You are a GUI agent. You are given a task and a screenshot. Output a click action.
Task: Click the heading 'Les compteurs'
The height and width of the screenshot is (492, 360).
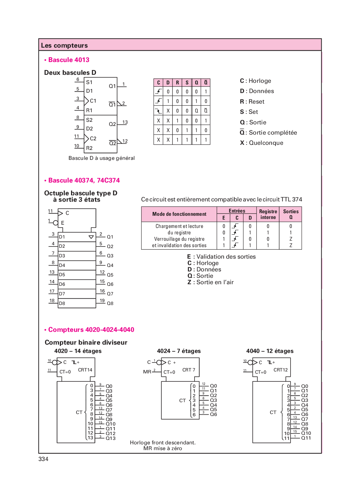tap(64, 45)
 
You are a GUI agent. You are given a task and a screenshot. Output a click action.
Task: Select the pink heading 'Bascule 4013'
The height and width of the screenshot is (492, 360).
tap(68, 60)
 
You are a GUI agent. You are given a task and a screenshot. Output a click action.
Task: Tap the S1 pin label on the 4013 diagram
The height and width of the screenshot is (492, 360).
tap(89, 82)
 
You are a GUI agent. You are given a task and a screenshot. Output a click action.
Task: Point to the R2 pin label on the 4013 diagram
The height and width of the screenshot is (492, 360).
tap(89, 148)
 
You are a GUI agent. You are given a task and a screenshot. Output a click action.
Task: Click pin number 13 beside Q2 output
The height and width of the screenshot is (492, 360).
tap(125, 122)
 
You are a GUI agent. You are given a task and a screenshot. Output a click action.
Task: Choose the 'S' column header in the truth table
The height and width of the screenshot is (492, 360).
tap(187, 82)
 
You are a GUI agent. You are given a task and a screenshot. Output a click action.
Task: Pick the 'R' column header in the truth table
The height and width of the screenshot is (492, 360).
tap(177, 82)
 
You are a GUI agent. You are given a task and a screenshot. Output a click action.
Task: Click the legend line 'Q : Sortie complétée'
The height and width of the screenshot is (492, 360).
tap(268, 133)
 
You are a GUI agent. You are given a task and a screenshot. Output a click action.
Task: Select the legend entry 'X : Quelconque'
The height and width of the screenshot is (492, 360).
tap(261, 143)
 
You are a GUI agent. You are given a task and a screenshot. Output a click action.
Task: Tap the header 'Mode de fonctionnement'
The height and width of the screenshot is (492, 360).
tap(179, 214)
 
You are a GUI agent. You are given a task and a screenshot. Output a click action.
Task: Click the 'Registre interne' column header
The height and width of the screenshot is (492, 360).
tap(268, 214)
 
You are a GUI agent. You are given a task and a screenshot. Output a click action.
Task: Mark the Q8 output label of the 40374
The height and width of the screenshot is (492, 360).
tap(110, 303)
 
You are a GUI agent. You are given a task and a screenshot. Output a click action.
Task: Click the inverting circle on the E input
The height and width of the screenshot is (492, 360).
tap(56, 223)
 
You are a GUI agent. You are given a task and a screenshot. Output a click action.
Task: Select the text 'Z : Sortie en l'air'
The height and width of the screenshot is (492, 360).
tap(211, 282)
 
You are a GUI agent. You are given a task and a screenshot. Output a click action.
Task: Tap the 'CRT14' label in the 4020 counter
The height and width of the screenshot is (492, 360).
tap(85, 370)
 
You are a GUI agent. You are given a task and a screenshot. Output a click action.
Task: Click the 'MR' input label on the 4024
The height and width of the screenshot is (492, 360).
tap(147, 372)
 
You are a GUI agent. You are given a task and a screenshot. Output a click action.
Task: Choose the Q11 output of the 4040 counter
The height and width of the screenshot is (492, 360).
tap(306, 438)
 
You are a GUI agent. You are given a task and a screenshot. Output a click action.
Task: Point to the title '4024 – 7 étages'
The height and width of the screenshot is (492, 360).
tap(179, 351)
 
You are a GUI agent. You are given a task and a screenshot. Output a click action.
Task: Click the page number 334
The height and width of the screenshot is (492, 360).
tap(44, 459)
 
